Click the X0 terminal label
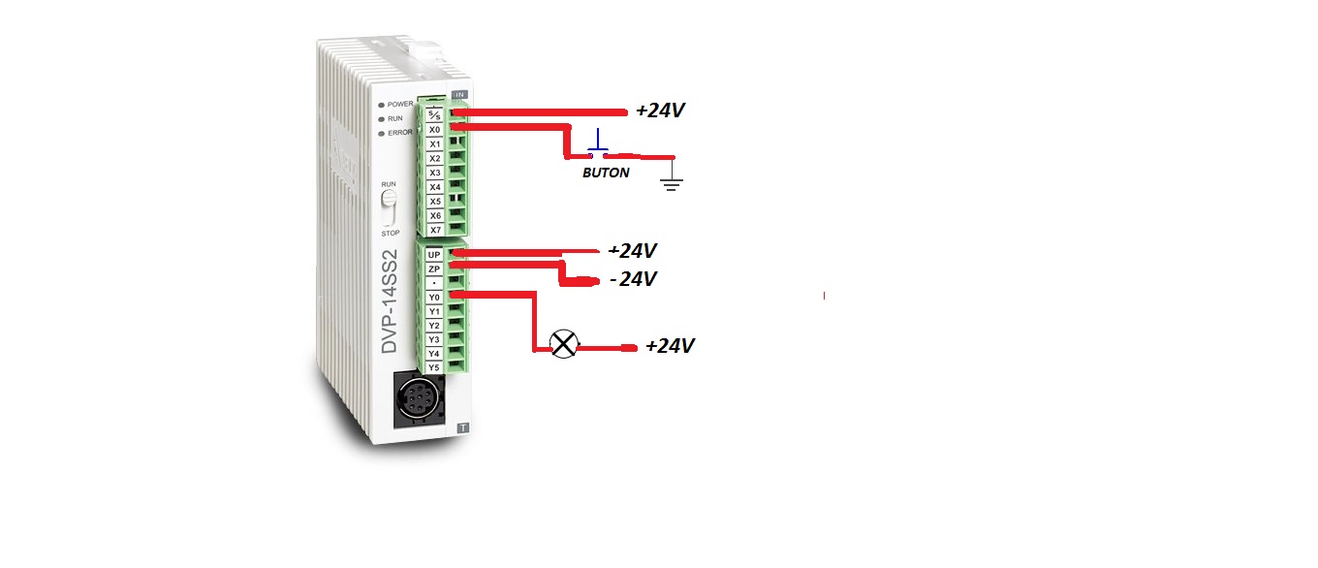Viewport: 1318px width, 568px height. [435, 129]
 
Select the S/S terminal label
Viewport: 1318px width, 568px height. [435, 114]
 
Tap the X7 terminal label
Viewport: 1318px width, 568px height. [435, 230]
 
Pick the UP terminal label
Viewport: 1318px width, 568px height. [434, 254]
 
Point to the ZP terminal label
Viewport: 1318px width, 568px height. [434, 268]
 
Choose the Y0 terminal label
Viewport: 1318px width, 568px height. [434, 297]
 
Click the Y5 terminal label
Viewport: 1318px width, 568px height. [434, 367]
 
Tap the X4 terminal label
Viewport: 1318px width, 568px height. [435, 186]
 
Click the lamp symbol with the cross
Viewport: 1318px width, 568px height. [562, 344]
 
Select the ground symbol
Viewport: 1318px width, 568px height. [671, 179]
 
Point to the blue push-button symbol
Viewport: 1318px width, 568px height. [600, 144]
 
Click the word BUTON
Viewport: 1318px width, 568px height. [605, 173]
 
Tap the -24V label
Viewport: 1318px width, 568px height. [633, 279]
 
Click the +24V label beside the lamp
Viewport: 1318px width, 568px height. [670, 345]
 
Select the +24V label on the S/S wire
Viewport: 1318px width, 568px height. [660, 110]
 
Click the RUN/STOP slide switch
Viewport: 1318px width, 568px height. [390, 209]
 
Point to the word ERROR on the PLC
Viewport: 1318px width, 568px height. [400, 133]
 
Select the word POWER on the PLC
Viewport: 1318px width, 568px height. [400, 104]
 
